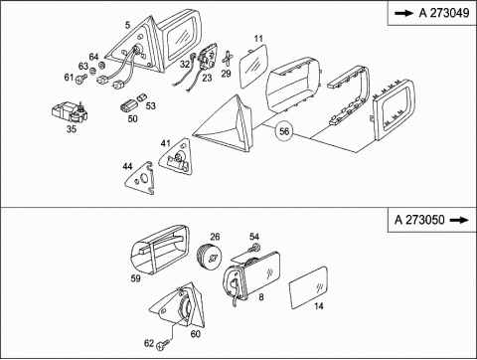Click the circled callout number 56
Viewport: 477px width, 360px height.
click(x=284, y=131)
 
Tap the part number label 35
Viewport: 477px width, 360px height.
click(x=72, y=129)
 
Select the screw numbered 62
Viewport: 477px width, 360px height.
click(x=163, y=346)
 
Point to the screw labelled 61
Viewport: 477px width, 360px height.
click(x=80, y=79)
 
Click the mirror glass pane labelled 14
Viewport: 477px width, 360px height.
click(x=309, y=287)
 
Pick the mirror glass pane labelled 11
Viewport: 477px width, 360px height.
click(x=253, y=66)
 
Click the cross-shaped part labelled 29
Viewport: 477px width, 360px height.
click(x=227, y=59)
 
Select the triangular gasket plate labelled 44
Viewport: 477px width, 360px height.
click(x=140, y=179)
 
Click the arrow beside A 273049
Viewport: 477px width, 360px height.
click(x=404, y=13)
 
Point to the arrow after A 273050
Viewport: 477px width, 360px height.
click(x=459, y=220)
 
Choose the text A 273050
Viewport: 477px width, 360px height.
click(x=419, y=220)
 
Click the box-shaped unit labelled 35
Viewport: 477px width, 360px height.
click(x=71, y=112)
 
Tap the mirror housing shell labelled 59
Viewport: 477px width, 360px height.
click(x=160, y=250)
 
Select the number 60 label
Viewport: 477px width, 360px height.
click(x=196, y=333)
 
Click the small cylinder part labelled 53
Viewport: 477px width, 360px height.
click(x=141, y=97)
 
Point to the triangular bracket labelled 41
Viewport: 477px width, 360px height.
click(x=177, y=156)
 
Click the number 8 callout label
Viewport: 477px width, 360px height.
click(x=261, y=297)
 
